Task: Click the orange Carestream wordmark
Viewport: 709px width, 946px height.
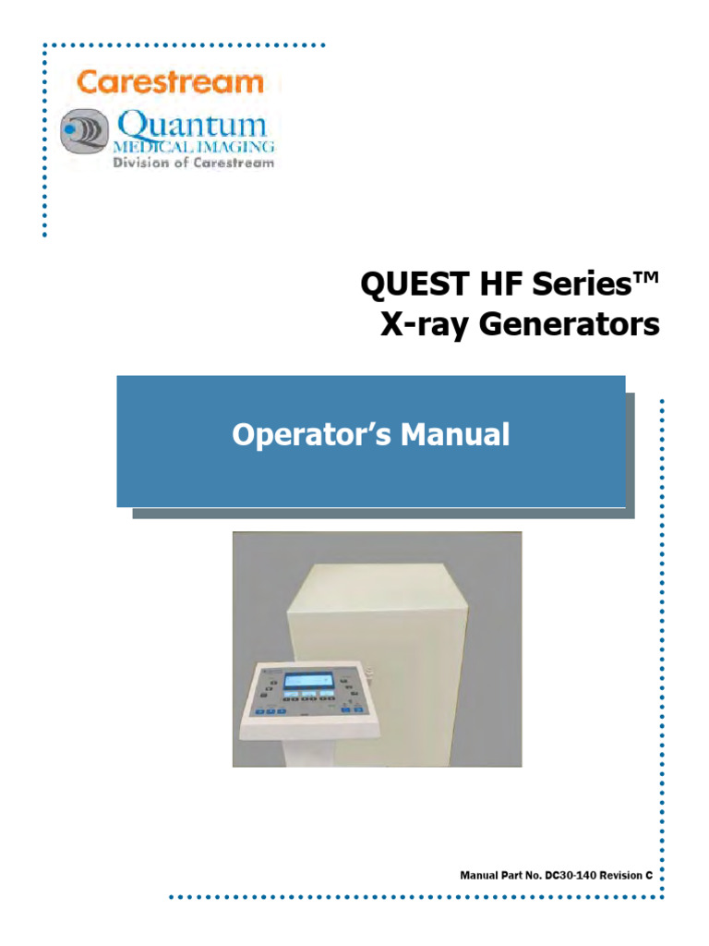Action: [170, 81]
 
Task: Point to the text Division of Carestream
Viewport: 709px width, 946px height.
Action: [192, 163]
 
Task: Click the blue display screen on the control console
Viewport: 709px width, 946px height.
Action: [309, 682]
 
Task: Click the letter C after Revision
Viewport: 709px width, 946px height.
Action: [650, 873]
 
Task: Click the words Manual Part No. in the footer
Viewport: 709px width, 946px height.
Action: [500, 873]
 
